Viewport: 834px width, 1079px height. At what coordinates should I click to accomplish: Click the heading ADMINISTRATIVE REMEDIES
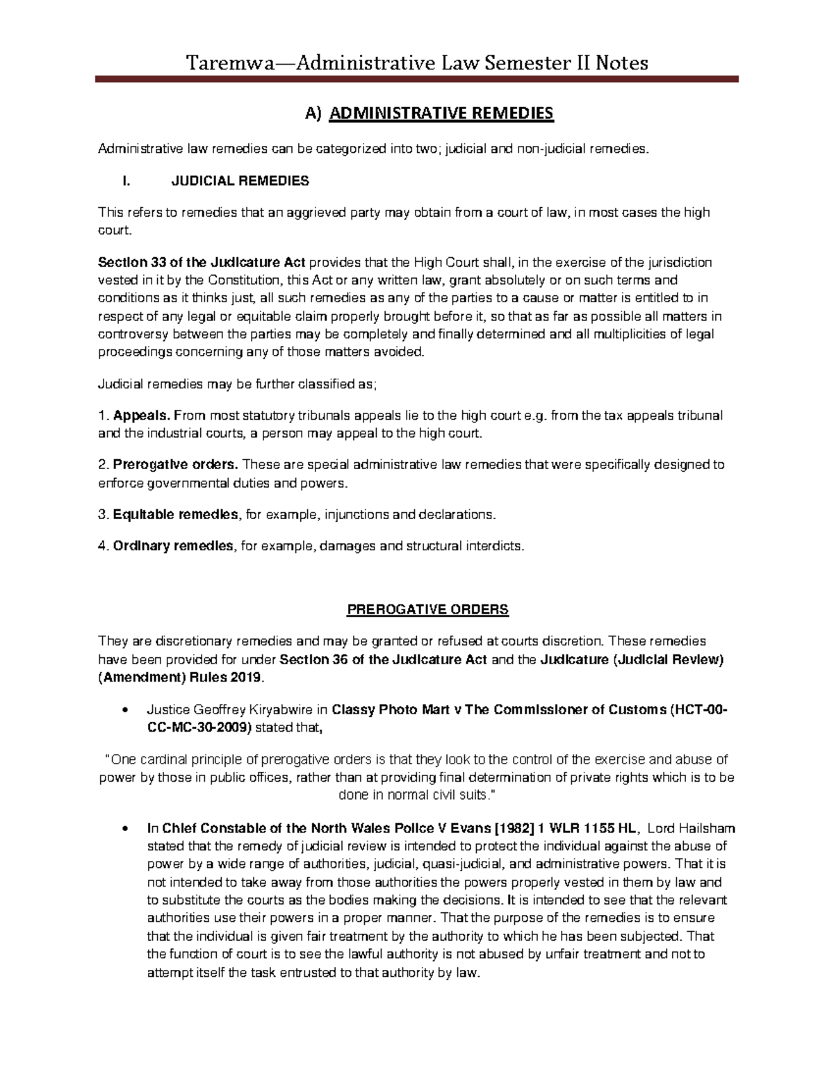click(441, 113)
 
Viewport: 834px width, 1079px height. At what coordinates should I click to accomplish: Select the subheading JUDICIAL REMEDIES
click(240, 181)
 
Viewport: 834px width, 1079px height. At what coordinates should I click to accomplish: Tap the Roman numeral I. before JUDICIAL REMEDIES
click(126, 181)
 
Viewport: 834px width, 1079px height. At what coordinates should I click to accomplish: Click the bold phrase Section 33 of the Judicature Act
click(202, 263)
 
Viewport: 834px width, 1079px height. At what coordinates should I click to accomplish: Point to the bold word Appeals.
click(142, 415)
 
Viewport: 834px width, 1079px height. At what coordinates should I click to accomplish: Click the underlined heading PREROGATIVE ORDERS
click(427, 610)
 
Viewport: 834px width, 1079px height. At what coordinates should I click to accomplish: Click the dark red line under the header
click(416, 81)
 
